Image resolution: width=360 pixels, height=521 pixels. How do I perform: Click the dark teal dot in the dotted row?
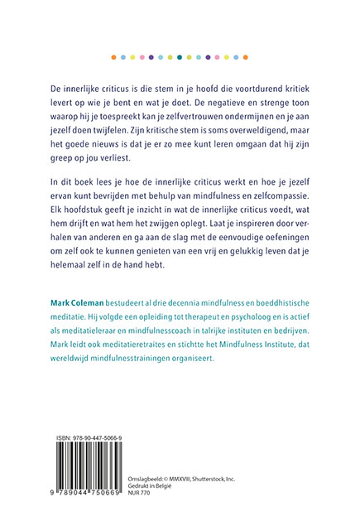[180, 57]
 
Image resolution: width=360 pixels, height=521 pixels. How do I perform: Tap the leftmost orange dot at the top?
[113, 57]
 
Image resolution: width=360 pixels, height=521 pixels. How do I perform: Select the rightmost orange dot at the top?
[247, 57]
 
